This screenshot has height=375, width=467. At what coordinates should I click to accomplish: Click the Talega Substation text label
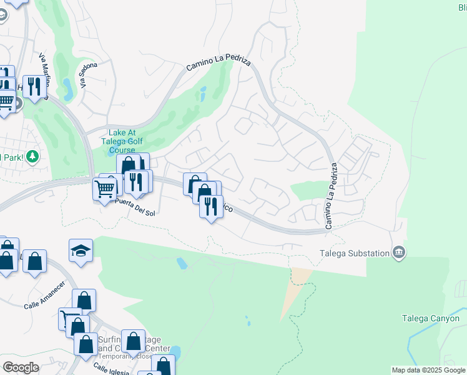click(354, 253)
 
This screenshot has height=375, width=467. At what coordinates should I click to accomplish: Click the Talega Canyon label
click(430, 318)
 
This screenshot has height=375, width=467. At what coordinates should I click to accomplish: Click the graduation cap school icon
click(81, 251)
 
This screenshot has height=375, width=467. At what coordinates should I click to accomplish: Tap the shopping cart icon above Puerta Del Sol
click(105, 187)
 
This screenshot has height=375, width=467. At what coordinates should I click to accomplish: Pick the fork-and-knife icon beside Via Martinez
click(34, 86)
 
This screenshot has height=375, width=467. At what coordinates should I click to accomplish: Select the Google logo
click(21, 367)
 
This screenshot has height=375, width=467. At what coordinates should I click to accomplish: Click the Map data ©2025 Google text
click(428, 370)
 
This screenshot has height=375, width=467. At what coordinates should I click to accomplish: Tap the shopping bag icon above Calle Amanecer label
click(35, 261)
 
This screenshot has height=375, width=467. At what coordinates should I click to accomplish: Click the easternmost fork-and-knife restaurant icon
click(212, 206)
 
